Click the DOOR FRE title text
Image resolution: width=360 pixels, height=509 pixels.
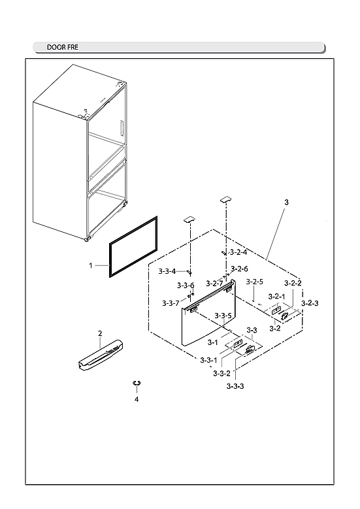pos(63,48)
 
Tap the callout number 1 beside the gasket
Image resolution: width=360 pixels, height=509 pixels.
pos(91,266)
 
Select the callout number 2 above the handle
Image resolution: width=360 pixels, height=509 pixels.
pos(100,334)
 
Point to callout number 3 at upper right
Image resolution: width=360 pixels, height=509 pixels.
pos(286,204)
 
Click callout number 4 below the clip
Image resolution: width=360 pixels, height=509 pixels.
pos(137,399)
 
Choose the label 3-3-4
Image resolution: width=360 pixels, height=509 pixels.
pos(167,271)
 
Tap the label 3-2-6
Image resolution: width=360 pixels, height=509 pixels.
pos(238,269)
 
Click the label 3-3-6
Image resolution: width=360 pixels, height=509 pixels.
pos(186,286)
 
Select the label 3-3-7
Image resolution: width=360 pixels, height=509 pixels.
pos(171,303)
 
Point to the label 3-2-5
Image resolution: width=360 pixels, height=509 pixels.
pos(255,282)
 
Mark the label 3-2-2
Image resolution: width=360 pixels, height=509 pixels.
pos(293,283)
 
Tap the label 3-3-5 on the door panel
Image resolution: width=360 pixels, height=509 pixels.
pos(223,316)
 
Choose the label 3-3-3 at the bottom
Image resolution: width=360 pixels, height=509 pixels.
pos(235,386)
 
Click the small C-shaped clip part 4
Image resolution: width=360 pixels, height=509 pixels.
pos(137,383)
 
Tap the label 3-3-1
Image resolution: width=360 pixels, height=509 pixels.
pos(208,360)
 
